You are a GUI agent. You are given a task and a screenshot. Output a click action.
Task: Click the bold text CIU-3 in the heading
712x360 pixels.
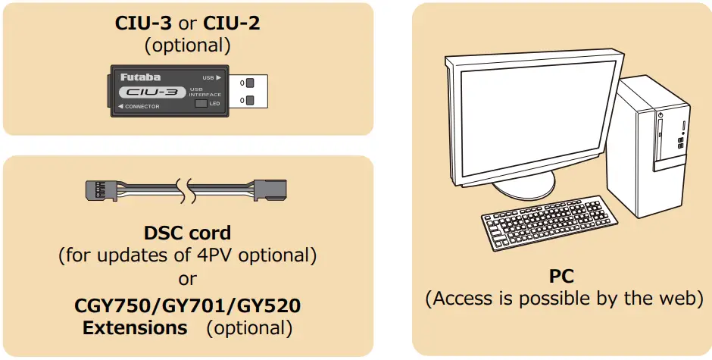(142, 22)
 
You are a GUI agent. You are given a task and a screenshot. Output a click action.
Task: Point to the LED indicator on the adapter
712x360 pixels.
(201, 103)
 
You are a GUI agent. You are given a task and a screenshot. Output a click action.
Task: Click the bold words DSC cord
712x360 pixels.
(187, 233)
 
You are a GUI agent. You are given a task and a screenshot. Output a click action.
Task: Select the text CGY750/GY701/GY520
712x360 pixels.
(187, 305)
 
